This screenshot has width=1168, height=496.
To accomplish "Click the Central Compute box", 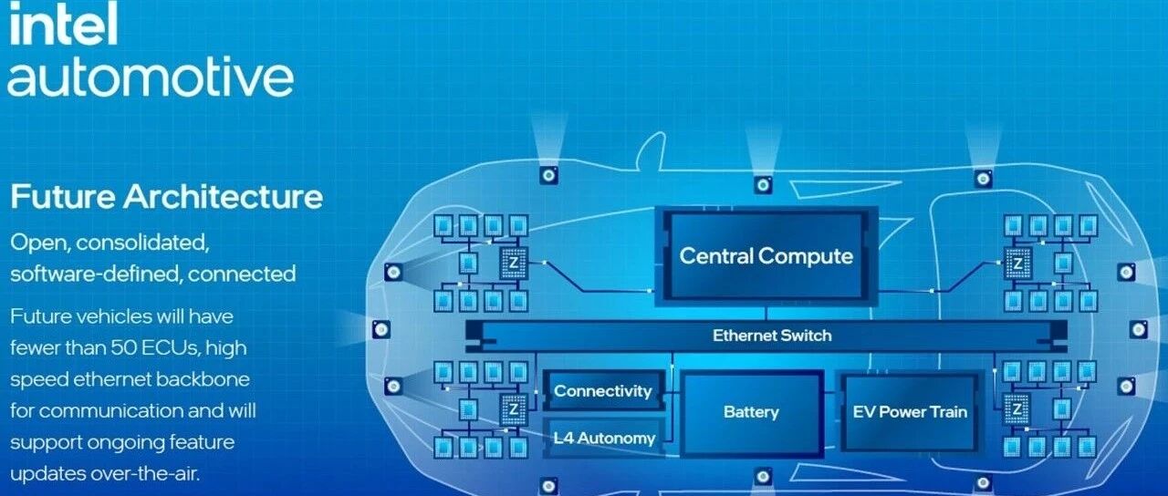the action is pos(766,256).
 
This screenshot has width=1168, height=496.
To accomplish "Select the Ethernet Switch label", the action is pos(772,336).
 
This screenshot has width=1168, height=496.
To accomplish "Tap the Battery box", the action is pos(751,412).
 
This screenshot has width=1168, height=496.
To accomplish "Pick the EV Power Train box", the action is pos(910,412).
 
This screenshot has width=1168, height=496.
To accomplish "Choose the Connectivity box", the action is pos(603,391).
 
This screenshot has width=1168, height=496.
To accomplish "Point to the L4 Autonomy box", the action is pos(604,439).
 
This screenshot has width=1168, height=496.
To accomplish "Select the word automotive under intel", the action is pos(151,77).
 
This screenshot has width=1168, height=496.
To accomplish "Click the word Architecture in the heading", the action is pos(224,197).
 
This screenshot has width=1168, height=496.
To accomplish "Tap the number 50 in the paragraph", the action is pos(123,347).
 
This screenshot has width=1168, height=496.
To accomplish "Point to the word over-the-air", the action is pos(145,474).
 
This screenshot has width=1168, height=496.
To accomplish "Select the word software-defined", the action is pos(97,274).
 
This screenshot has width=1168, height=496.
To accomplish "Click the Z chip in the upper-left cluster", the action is pos(514,263).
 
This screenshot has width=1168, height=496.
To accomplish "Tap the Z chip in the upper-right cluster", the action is pos(1017,264).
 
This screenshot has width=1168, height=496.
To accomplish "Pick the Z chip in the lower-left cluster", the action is pos(514,409).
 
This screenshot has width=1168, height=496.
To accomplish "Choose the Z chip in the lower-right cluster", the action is pos(1017,409).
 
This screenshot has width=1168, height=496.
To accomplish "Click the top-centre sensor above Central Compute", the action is pos(763,185).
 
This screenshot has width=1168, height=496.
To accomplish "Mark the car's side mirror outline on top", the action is pos(650,151).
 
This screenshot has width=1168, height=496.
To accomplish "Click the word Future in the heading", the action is pos(63,197).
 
